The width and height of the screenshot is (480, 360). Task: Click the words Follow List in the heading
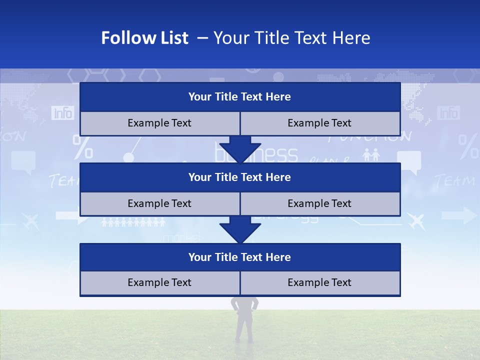click(x=144, y=38)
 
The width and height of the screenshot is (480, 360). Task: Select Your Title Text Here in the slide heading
click(x=292, y=38)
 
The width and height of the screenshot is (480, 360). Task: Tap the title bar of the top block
click(x=239, y=97)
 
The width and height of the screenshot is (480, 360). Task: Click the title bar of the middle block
click(x=239, y=177)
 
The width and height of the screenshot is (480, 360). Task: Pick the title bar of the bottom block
click(x=239, y=257)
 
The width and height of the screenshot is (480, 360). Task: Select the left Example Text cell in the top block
click(x=159, y=123)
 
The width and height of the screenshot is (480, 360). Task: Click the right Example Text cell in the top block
click(x=319, y=123)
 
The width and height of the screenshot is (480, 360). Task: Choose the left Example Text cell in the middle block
click(x=159, y=203)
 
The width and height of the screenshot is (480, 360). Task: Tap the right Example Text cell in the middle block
click(x=319, y=203)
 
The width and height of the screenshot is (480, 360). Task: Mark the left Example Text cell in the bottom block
click(x=159, y=282)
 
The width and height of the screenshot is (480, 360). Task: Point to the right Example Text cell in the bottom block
click(x=319, y=282)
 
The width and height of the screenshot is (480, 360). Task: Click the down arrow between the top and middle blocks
click(x=240, y=149)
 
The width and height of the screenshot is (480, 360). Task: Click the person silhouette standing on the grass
click(x=244, y=320)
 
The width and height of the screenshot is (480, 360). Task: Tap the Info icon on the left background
click(x=63, y=113)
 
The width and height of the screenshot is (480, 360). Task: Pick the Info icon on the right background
click(x=448, y=113)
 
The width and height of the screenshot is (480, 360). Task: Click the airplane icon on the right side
click(x=416, y=220)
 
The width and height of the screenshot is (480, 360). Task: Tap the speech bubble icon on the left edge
click(x=23, y=161)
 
